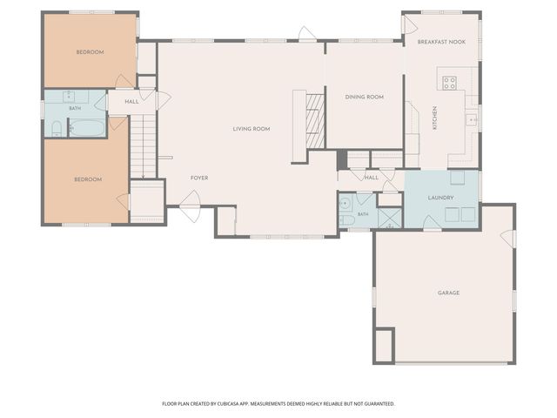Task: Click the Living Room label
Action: tap(252, 129)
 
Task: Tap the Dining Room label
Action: tap(364, 97)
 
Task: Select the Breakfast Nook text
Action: tap(441, 42)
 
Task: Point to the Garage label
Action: tap(448, 293)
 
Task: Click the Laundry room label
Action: tap(440, 198)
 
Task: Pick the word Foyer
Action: tap(199, 178)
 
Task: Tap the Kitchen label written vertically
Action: tap(434, 118)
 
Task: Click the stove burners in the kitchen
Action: tap(449, 83)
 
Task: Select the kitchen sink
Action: tap(472, 120)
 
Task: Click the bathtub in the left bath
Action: tap(87, 128)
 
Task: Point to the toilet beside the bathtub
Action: tap(57, 129)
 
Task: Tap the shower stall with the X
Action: tap(390, 218)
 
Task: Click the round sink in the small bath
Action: tap(345, 204)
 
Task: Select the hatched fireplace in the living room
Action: tap(315, 121)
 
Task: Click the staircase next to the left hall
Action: tap(143, 146)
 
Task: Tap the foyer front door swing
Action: tap(191, 206)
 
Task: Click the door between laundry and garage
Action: tap(432, 223)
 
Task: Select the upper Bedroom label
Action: tap(91, 52)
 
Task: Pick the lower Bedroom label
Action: tap(88, 179)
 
